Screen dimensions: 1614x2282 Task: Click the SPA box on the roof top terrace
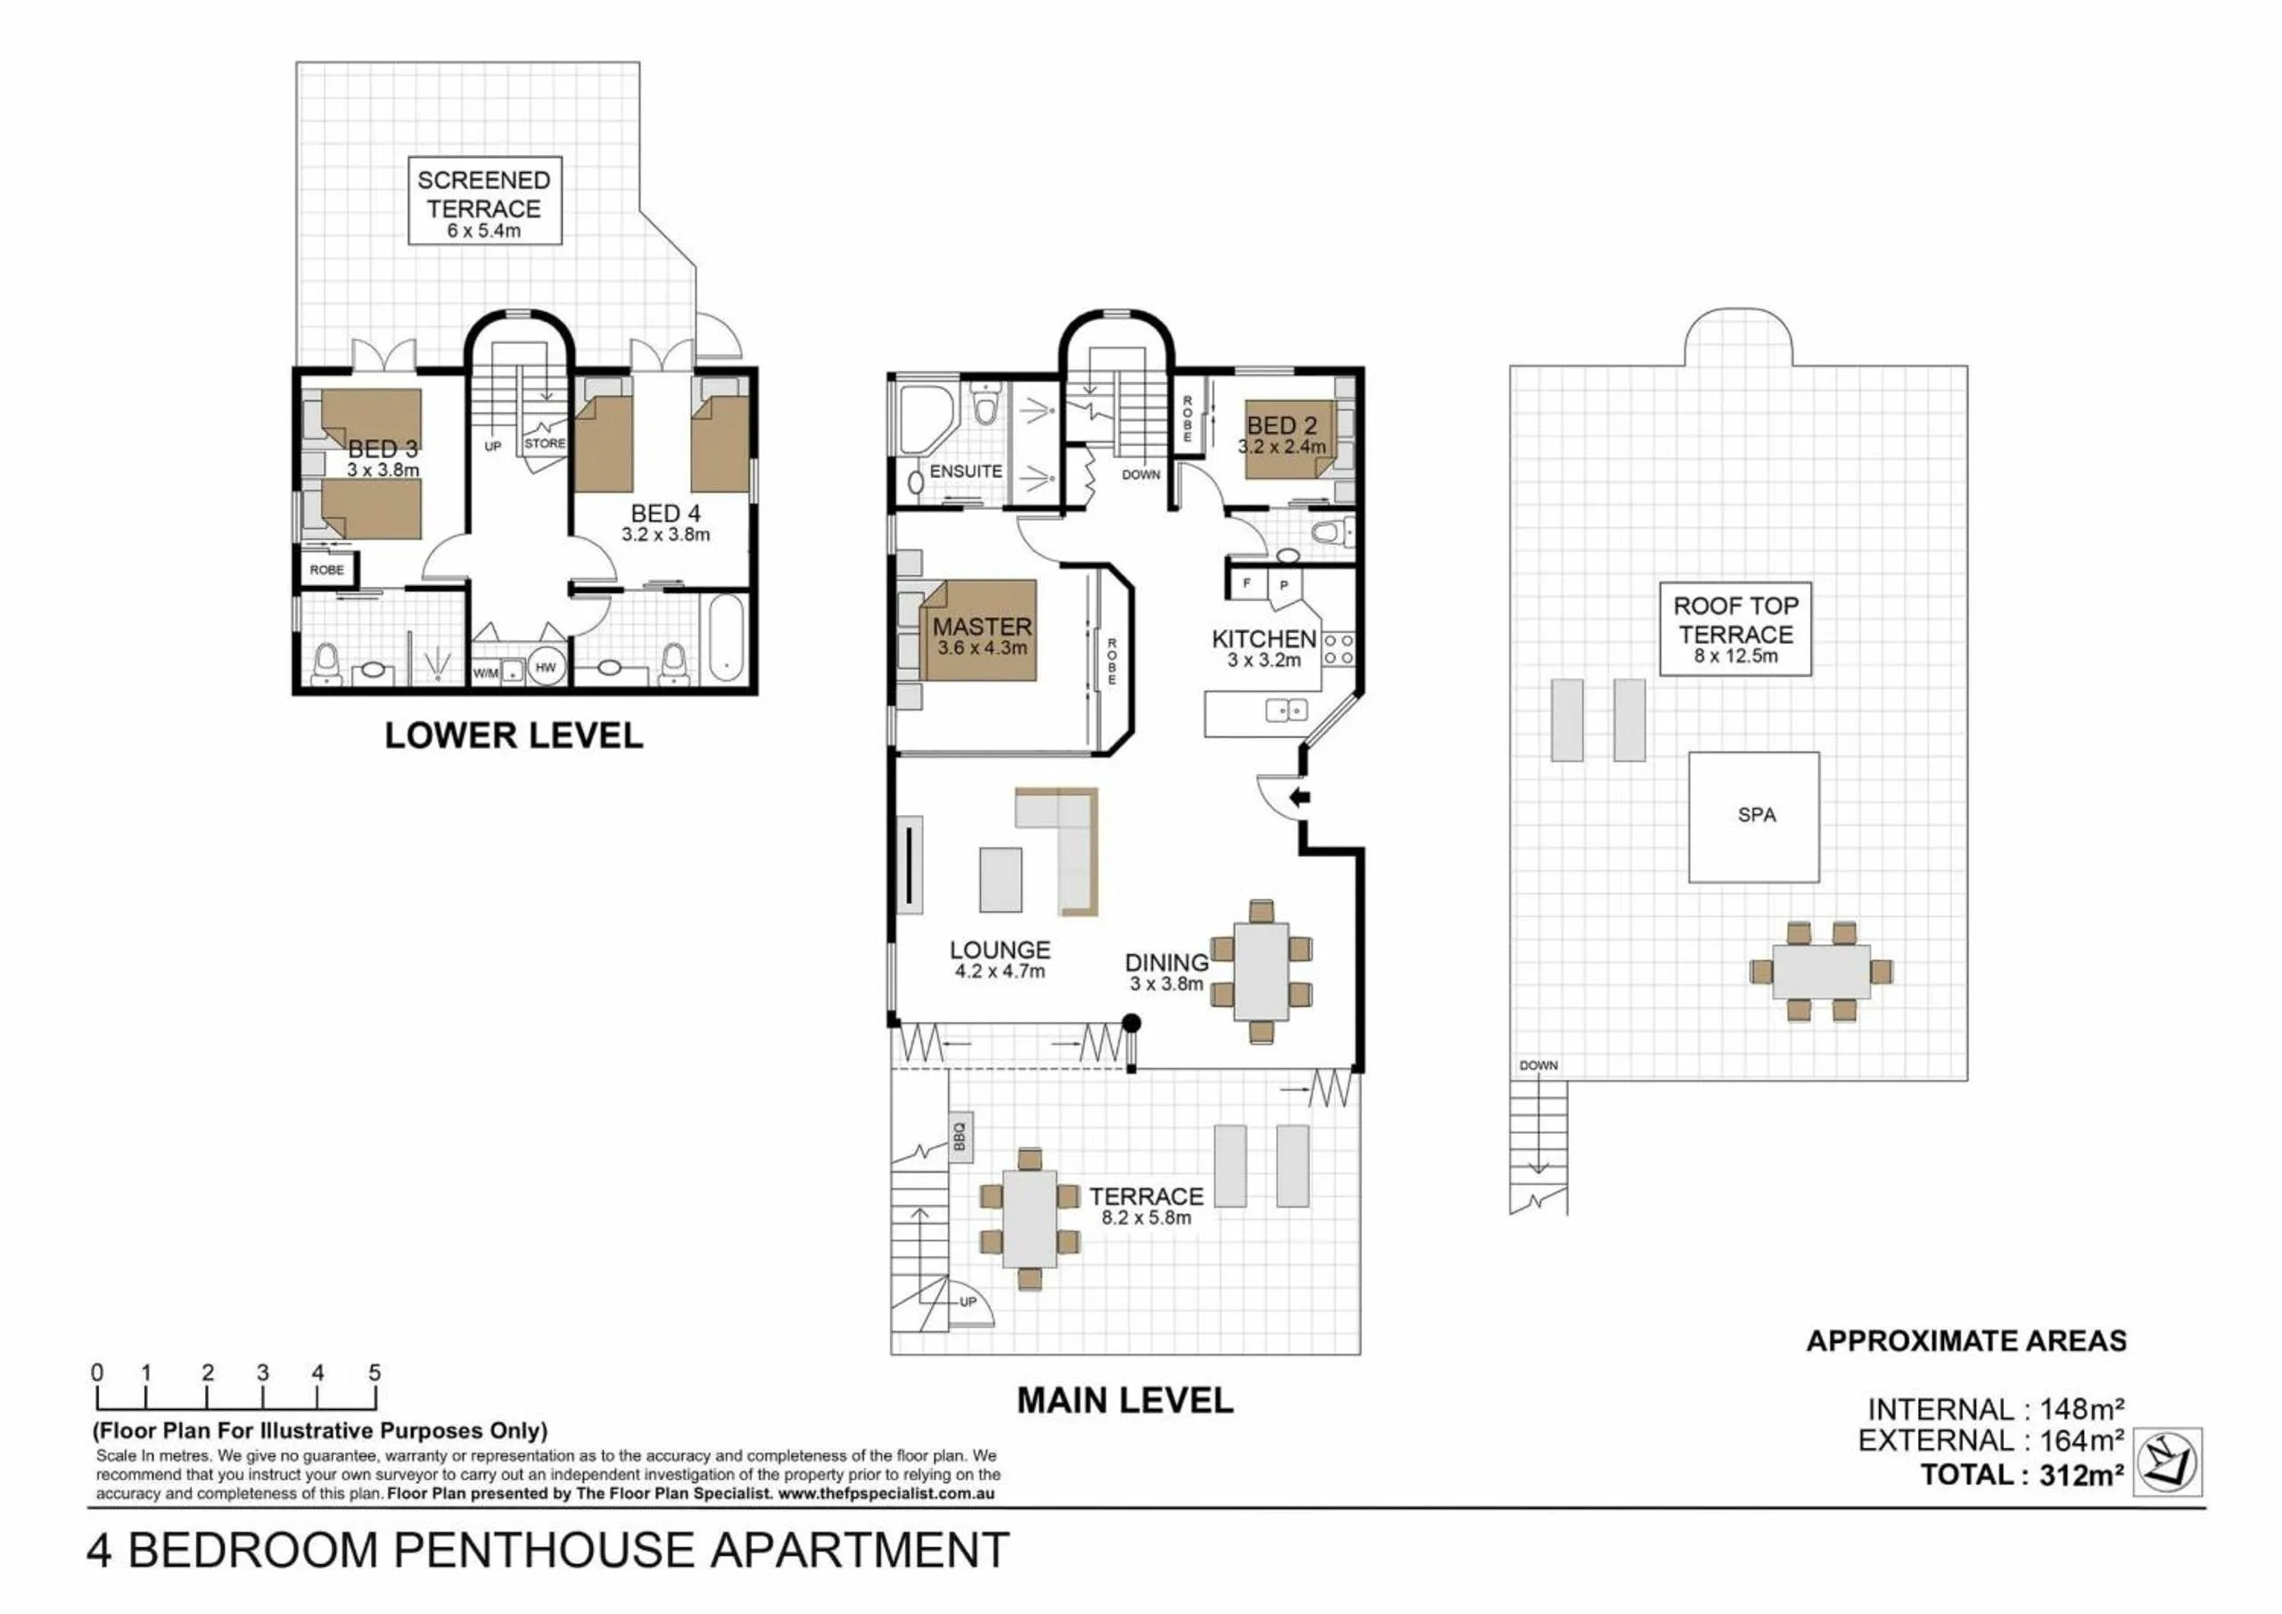coord(1754,817)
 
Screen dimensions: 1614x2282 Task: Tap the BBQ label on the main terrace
coord(960,1136)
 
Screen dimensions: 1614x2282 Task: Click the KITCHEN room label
coord(1264,639)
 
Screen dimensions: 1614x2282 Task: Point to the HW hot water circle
coord(546,668)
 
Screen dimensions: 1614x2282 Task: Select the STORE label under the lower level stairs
coord(544,443)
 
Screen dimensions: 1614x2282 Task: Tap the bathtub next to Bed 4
coord(726,637)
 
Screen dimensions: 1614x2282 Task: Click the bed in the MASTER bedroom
coord(978,631)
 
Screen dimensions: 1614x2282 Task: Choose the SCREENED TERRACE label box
coord(485,201)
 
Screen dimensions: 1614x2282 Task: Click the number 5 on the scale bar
coord(375,1372)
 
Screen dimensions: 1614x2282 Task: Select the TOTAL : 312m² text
coord(2022,1474)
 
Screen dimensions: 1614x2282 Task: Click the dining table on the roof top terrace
coord(1821,972)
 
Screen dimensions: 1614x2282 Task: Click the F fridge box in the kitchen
coord(1247,583)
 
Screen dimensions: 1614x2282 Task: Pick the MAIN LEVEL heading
coord(1125,1400)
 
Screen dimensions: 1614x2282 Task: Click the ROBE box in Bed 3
coord(327,570)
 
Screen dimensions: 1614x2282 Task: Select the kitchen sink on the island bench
coord(1286,710)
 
